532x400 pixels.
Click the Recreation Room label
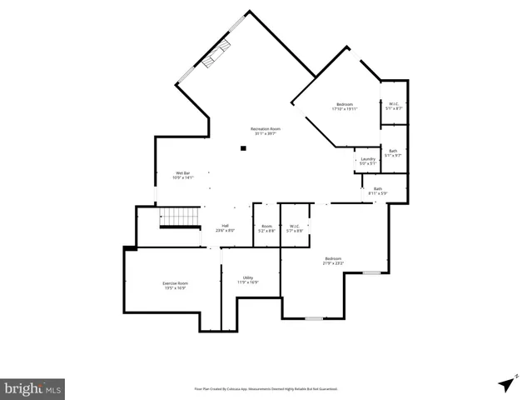coord(266,130)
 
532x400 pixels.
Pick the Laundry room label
coord(367,161)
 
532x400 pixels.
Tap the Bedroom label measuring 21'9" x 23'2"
coord(334,261)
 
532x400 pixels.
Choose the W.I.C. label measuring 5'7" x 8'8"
coord(295,227)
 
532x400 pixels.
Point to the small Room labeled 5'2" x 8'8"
coord(266,227)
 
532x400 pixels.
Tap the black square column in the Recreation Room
coord(243,149)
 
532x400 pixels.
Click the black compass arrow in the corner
coord(505,383)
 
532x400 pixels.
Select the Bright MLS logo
coord(32,388)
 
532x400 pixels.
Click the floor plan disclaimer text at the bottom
coord(266,388)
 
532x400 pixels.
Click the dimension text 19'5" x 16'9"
coord(175,288)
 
